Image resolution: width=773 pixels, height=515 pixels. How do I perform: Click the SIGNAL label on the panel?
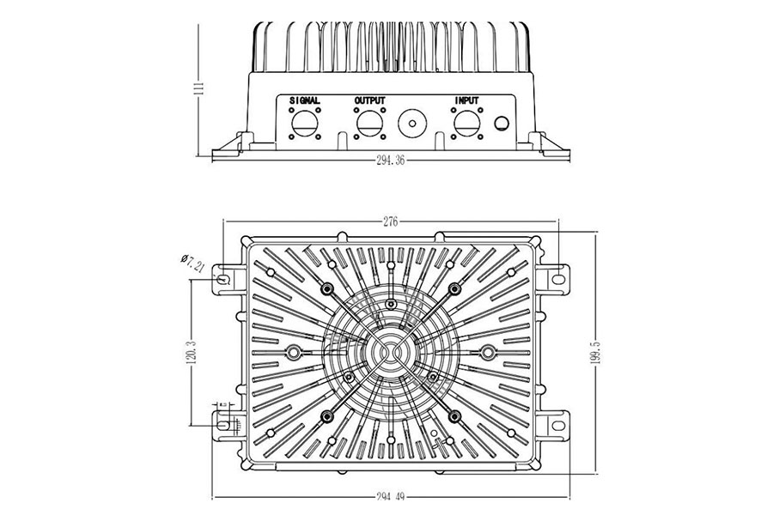306,100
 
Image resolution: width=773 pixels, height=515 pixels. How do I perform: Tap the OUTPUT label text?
370,100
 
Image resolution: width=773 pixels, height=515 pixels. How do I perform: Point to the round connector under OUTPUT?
370,122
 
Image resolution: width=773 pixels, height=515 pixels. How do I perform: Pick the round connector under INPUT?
466,122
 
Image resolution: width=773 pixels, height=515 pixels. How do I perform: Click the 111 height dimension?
200,88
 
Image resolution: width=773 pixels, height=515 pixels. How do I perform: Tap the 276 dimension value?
390,222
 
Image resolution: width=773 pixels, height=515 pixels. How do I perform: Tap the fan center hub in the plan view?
390,351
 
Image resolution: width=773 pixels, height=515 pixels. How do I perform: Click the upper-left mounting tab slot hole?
224,280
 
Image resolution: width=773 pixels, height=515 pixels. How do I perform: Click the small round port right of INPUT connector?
500,124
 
